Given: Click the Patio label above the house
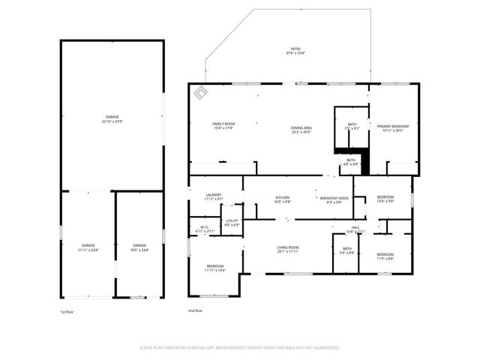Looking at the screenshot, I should (x=295, y=52).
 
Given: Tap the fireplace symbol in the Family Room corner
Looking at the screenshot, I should (x=201, y=93).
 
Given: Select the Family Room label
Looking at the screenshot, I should (x=223, y=126).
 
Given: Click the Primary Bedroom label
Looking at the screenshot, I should (x=393, y=128).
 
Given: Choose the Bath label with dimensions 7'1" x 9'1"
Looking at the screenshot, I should (x=352, y=126).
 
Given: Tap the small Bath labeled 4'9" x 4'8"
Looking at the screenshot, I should (x=351, y=161).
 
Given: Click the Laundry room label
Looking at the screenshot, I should (x=214, y=197).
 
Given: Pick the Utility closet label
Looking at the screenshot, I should (x=232, y=223).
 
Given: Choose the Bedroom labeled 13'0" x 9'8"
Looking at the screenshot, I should (x=385, y=199).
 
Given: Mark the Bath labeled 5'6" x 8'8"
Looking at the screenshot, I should (x=346, y=251).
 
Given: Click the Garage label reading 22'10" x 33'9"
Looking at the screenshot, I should (x=112, y=119).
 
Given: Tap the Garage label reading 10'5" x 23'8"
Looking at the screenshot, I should (x=139, y=247).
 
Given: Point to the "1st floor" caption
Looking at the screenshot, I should (x=68, y=311).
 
